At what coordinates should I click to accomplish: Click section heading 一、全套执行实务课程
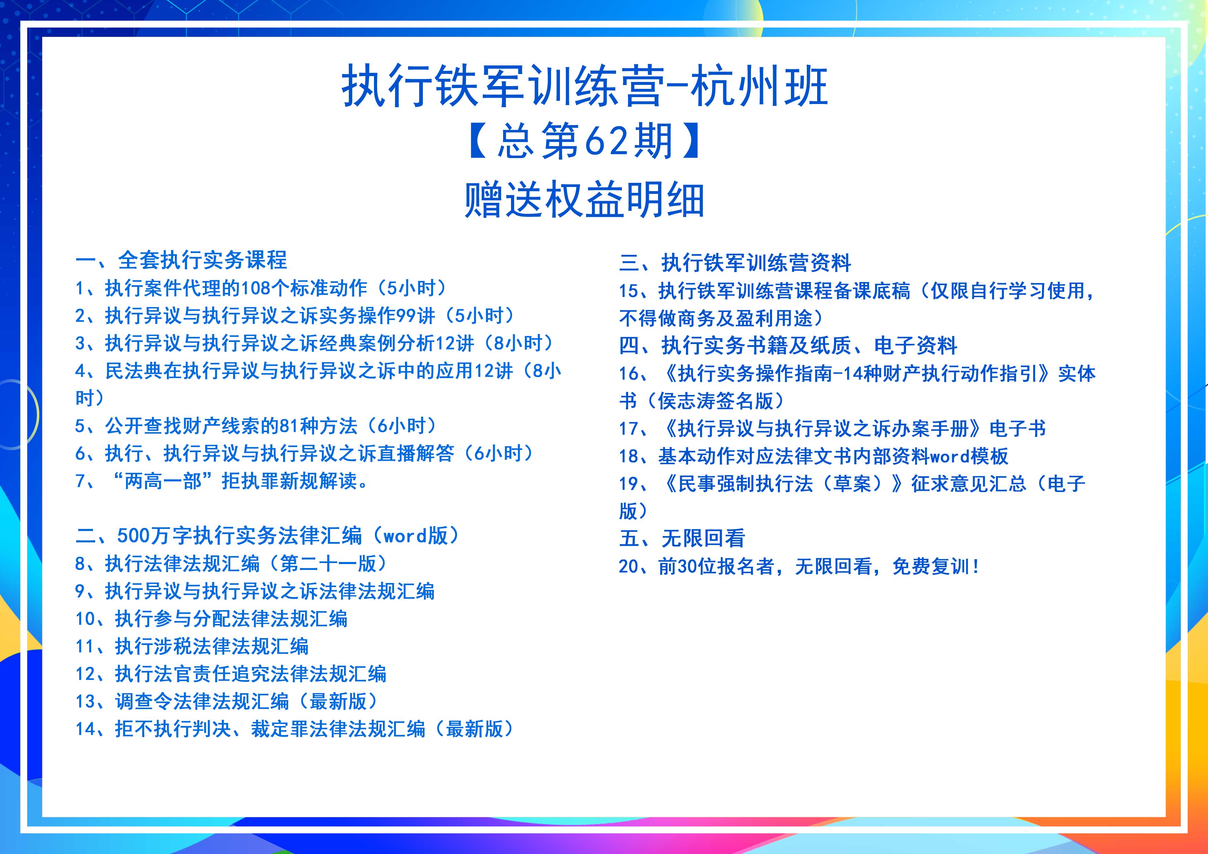pyautogui.click(x=181, y=260)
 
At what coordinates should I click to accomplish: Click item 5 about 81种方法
pyautogui.click(x=256, y=426)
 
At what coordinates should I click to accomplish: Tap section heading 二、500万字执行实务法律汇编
pyautogui.click(x=268, y=536)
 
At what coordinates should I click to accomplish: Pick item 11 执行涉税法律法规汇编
pyautogui.click(x=192, y=646)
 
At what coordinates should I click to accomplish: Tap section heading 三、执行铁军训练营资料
pyautogui.click(x=735, y=262)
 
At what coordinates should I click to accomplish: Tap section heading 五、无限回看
pyautogui.click(x=683, y=538)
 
